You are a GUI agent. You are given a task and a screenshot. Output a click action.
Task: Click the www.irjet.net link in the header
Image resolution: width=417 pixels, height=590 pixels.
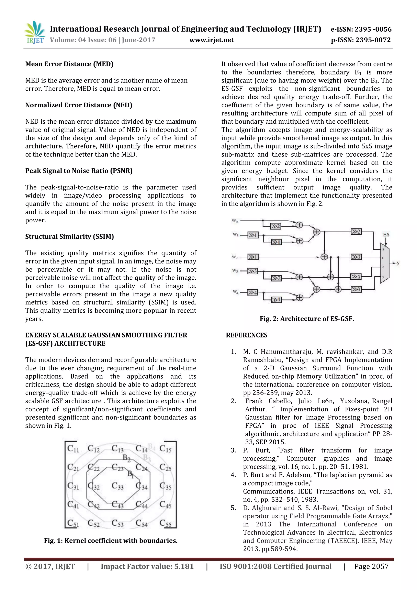(212, 40)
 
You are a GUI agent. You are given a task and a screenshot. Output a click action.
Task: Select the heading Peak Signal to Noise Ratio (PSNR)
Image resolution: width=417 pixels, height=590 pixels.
(79, 171)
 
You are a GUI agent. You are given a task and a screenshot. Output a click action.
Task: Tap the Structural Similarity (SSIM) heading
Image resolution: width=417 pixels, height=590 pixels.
(69, 237)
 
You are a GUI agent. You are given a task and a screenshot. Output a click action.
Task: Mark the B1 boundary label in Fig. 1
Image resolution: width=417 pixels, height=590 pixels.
(131, 473)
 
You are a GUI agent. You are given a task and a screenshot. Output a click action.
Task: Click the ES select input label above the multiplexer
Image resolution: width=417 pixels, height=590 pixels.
(386, 235)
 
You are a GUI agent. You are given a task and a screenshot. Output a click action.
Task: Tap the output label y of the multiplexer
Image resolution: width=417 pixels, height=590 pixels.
(398, 263)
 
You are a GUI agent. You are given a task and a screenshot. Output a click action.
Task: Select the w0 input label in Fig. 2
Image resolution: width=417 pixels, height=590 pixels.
(235, 221)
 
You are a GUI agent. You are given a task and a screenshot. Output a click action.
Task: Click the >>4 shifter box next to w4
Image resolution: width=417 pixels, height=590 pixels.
(252, 292)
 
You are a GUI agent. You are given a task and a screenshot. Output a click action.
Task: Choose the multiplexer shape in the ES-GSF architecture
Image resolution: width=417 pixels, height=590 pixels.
(384, 263)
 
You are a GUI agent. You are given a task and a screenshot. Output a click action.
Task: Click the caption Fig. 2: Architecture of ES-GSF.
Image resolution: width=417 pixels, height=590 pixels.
(307, 319)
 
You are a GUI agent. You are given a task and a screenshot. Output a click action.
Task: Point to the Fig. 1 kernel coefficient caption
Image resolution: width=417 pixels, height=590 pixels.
(111, 541)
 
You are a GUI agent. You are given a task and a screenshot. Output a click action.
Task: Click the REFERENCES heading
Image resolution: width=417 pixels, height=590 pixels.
(247, 335)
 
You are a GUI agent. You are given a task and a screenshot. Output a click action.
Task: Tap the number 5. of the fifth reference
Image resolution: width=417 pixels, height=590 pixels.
(233, 508)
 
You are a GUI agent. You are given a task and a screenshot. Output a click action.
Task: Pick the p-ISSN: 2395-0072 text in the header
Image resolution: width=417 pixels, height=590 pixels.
(361, 40)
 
